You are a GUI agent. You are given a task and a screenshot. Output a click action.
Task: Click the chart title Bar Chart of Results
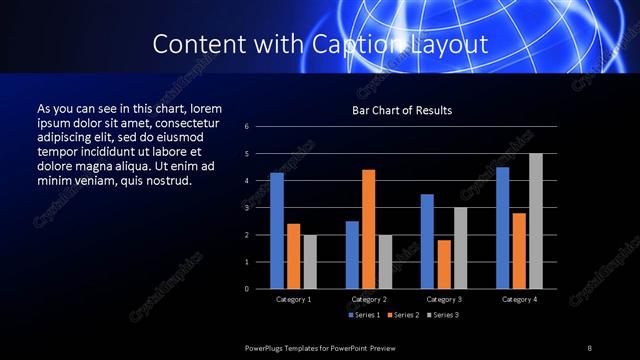401,110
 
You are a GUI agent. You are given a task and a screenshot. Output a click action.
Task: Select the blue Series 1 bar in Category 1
277,230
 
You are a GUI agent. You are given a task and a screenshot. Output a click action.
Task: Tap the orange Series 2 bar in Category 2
368,229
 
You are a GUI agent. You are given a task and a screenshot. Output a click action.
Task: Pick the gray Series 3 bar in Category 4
535,221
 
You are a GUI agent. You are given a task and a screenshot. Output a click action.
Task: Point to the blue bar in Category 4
502,227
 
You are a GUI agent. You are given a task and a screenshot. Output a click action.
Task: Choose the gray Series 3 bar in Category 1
309,261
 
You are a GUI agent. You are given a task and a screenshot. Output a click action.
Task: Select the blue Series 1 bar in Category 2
352,254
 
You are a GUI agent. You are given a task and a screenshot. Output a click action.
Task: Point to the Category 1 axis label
293,299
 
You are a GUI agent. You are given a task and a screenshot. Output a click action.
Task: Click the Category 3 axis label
444,299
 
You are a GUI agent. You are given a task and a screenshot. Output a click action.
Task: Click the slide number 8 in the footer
590,347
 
